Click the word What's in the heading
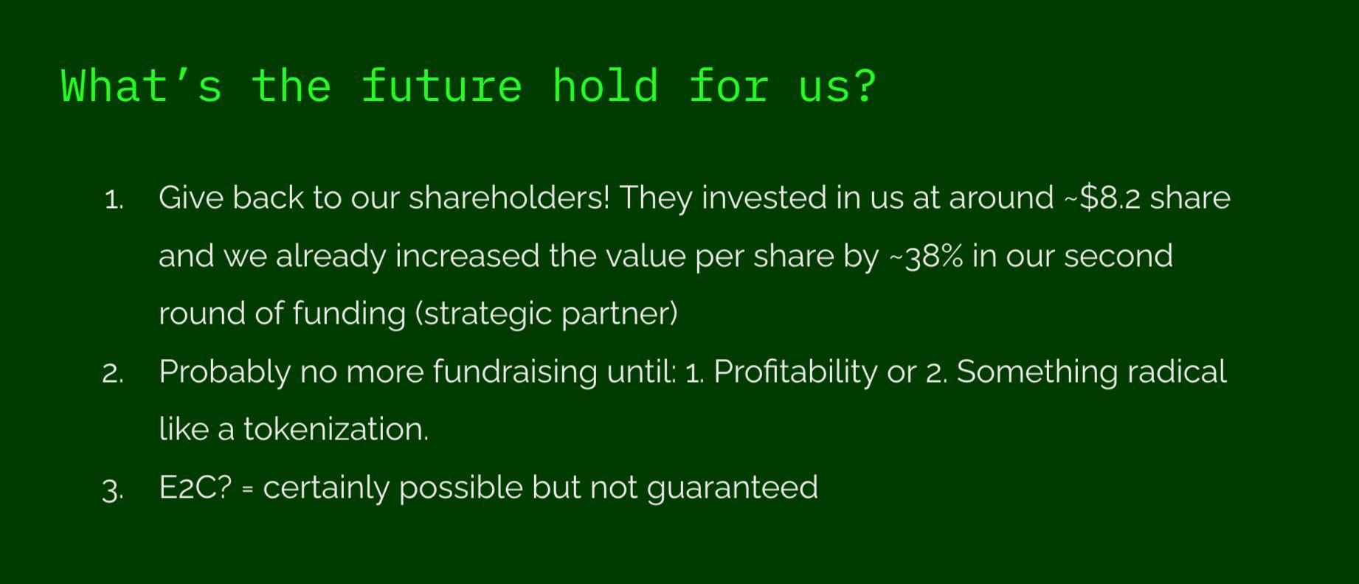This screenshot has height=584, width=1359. pyautogui.click(x=142, y=86)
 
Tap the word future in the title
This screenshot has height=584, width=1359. pyautogui.click(x=442, y=86)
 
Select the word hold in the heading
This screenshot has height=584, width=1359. pyautogui.click(x=605, y=86)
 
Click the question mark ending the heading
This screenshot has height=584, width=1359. pyautogui.click(x=864, y=86)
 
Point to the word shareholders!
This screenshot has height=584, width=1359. pyautogui.click(x=509, y=198)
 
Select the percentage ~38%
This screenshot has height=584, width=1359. pyautogui.click(x=926, y=256)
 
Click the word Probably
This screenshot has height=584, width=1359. pyautogui.click(x=224, y=372)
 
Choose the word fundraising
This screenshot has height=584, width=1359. pyautogui.click(x=515, y=372)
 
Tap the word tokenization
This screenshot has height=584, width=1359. pyautogui.click(x=336, y=429)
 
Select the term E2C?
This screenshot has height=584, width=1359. pyautogui.click(x=196, y=487)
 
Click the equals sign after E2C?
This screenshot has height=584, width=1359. pyautogui.click(x=248, y=490)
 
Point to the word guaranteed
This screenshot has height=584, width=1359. pyautogui.click(x=733, y=488)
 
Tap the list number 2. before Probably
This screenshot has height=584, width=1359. pyautogui.click(x=113, y=374)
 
